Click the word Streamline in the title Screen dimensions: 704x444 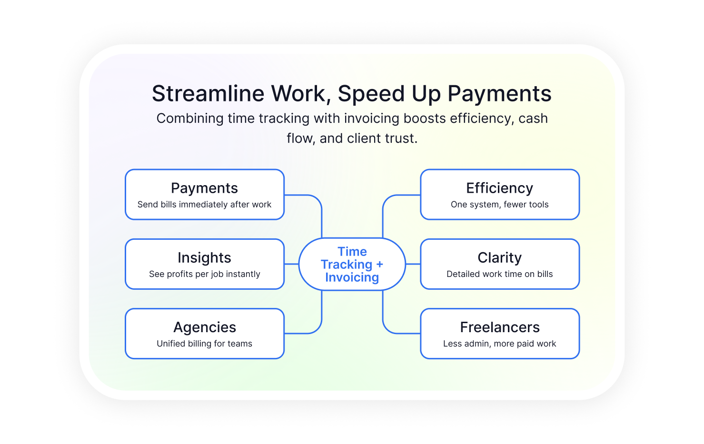click(x=208, y=93)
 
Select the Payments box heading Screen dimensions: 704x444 click(x=204, y=188)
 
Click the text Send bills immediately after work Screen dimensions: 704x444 click(x=204, y=205)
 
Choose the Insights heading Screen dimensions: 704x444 click(x=204, y=257)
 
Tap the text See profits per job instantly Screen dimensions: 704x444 click(x=204, y=274)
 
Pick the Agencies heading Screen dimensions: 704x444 click(x=204, y=327)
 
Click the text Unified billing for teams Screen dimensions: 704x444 click(x=204, y=344)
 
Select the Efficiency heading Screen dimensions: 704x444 click(x=499, y=188)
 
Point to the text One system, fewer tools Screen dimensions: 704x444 click(x=499, y=205)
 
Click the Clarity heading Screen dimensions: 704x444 click(x=499, y=257)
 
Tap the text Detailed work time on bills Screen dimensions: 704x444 click(x=499, y=274)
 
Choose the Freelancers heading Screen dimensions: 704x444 click(x=500, y=327)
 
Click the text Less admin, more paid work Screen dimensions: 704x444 click(x=499, y=344)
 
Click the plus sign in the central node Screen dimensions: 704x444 click(x=379, y=264)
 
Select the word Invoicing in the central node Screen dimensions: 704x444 click(x=352, y=277)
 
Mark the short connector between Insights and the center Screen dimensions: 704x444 click(x=291, y=264)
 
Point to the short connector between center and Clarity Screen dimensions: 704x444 click(x=413, y=264)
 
